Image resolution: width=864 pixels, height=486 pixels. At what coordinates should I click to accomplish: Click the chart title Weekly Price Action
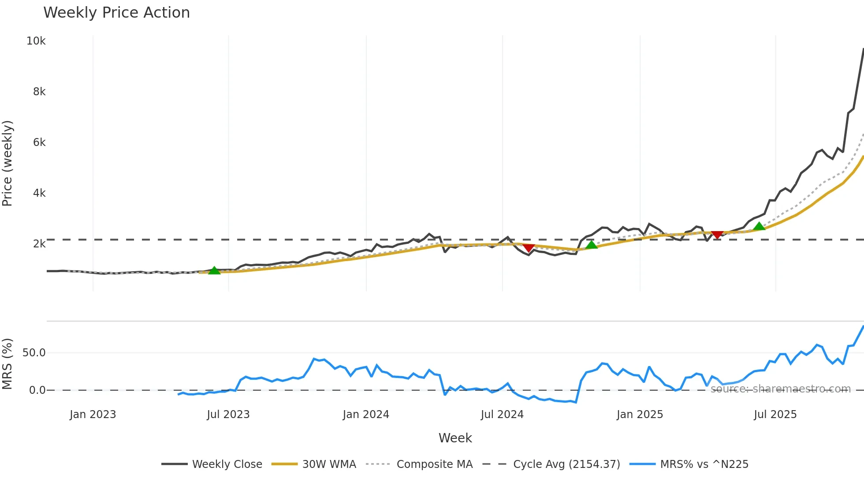(116, 13)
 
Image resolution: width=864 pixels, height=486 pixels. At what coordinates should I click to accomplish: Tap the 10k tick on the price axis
(36, 41)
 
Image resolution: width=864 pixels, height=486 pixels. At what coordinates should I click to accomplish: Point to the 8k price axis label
(39, 92)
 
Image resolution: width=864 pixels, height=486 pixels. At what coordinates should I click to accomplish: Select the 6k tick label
(39, 142)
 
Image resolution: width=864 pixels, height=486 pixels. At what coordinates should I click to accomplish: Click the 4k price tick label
(39, 193)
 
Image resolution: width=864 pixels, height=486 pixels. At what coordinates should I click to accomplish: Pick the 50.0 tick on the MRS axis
(34, 353)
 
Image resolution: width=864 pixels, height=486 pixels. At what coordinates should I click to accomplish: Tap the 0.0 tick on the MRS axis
(37, 390)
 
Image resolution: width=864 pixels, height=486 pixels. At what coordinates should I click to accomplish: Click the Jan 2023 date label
(93, 415)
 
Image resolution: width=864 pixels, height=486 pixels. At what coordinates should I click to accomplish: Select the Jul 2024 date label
(502, 415)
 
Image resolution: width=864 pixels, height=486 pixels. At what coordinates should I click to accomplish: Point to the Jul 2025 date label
(775, 415)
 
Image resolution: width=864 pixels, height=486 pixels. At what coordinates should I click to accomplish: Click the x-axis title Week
(455, 438)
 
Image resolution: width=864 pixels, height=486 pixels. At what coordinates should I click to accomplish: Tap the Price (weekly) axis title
(7, 163)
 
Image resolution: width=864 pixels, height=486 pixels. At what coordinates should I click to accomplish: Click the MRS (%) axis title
(7, 364)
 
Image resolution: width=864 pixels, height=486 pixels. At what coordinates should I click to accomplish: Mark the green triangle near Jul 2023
(214, 271)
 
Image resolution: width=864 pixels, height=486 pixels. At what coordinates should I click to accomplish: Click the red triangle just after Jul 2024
(529, 248)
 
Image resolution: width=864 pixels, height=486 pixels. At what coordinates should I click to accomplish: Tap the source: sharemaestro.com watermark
(780, 389)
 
